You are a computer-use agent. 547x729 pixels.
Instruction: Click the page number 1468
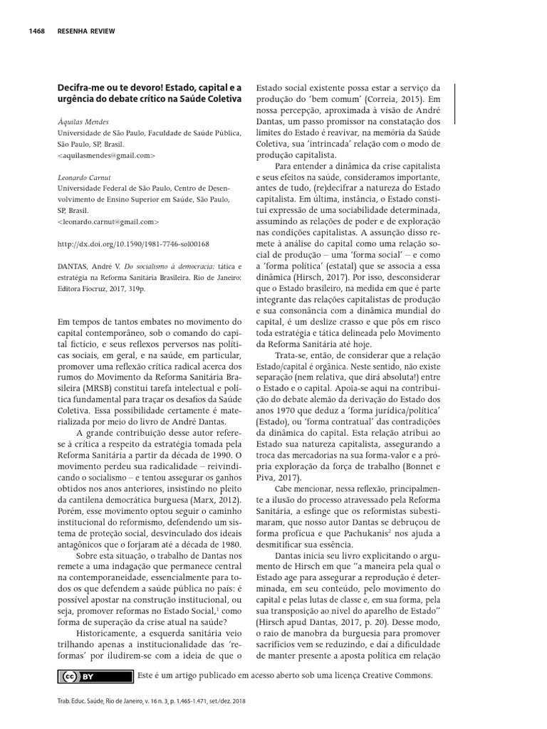[38, 32]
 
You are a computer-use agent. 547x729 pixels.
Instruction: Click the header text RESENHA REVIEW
[85, 32]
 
